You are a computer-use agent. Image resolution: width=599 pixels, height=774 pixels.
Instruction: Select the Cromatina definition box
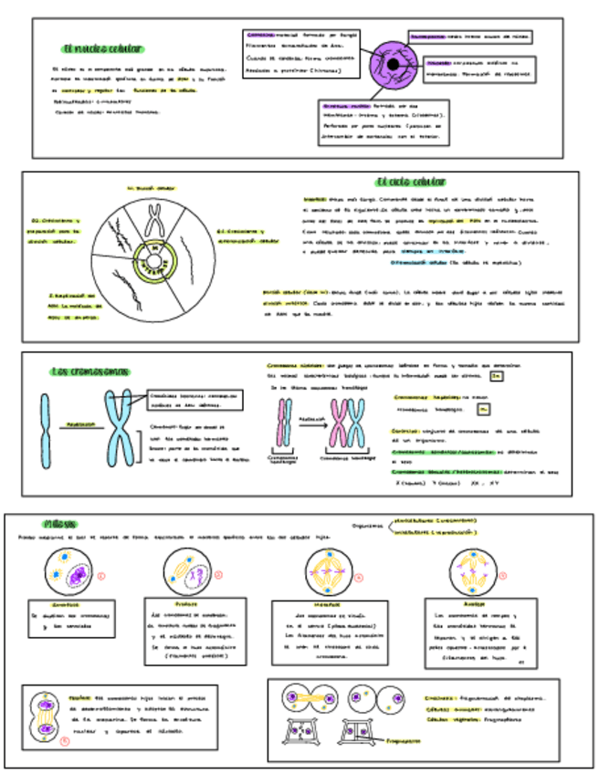299,53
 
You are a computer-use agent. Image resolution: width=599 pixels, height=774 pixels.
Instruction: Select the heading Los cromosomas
90,371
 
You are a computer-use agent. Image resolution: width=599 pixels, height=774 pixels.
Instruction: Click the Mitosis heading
61,523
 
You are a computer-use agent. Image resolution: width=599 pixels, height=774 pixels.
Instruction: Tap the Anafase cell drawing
475,575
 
